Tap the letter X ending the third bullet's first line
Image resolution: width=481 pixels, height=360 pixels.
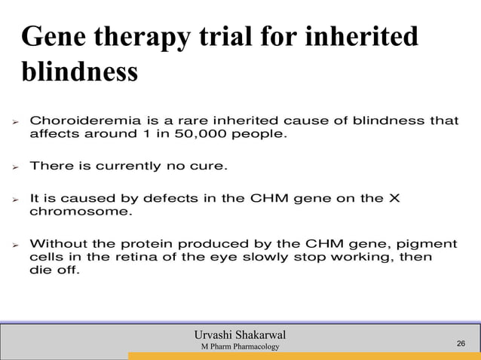[x=394, y=198]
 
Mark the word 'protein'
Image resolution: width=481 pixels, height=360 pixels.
[x=178, y=244]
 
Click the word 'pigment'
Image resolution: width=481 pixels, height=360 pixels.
[x=430, y=244]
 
